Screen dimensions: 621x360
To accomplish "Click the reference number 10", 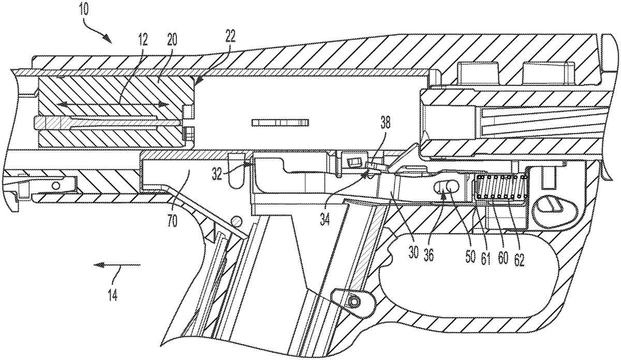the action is coord(83,9).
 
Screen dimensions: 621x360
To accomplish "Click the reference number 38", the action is coord(385,122).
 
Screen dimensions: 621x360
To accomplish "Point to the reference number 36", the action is coord(428,253).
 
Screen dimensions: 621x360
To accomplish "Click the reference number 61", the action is coord(485,258).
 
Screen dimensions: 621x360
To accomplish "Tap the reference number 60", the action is coord(503,258).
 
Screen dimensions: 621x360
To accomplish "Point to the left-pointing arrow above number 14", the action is coord(117,265).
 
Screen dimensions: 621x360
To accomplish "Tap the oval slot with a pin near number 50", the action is coord(447,189).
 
